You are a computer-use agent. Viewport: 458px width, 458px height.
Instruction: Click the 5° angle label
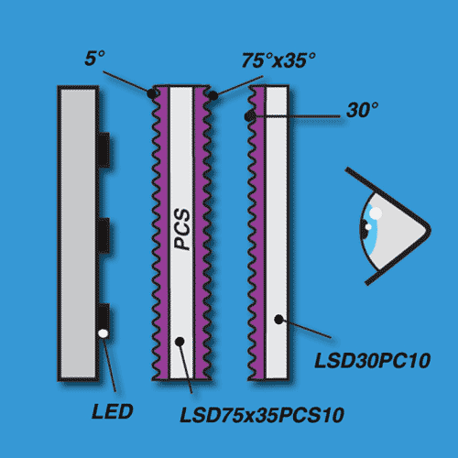pos(94,58)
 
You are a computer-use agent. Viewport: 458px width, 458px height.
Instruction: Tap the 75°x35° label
pos(278,60)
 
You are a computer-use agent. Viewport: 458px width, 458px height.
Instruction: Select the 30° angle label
pos(363,110)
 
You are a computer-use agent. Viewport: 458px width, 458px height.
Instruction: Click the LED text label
pos(113,411)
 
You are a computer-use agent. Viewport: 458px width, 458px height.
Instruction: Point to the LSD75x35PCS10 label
pos(262,415)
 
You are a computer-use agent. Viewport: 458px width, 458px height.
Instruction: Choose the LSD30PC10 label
pos(373,361)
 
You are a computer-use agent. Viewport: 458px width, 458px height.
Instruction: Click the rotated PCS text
pos(182,230)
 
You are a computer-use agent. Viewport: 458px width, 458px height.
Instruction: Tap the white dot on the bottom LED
pos(104,333)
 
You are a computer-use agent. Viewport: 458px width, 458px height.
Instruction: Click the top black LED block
pos(104,149)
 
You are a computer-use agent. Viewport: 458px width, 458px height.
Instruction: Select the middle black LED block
pos(104,234)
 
